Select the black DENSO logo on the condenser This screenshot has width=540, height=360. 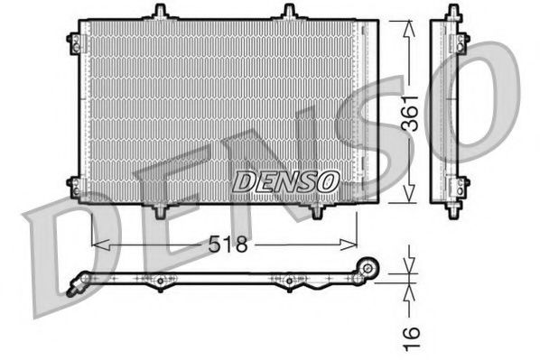[x=286, y=180]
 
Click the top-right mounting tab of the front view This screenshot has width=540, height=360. [x=289, y=12]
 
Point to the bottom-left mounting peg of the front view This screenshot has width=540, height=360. [x=160, y=211]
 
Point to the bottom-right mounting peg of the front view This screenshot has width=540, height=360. [x=316, y=210]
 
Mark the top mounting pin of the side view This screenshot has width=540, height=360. [x=452, y=12]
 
